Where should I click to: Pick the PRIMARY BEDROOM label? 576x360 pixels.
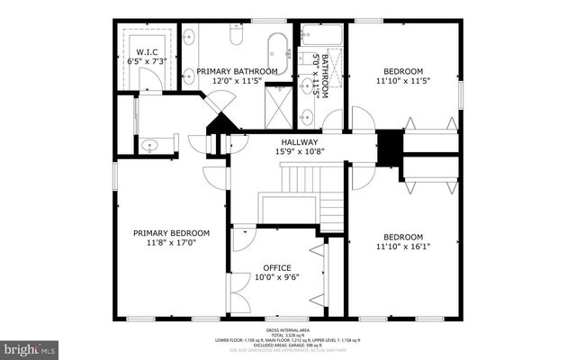165,232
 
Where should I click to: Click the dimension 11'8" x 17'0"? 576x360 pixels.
165,243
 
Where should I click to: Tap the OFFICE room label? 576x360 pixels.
276,267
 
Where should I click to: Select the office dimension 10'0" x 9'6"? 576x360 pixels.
276,278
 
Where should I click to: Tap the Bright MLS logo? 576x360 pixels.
29,346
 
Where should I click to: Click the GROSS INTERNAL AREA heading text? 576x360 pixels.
287,331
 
